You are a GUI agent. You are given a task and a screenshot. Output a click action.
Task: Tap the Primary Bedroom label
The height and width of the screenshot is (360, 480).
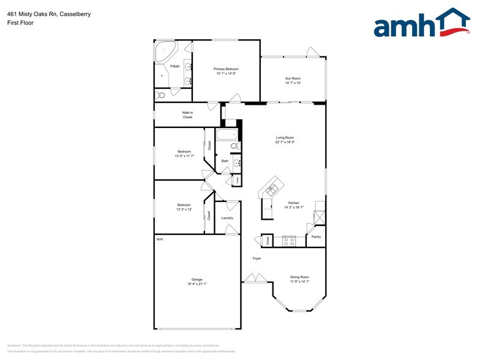point(226,69)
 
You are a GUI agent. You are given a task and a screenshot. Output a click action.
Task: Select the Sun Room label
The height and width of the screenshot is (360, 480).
point(293,78)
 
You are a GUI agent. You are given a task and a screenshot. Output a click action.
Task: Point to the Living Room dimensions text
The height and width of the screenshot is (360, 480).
point(285,143)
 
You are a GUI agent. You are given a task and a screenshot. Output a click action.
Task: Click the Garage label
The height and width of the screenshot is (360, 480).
point(197,279)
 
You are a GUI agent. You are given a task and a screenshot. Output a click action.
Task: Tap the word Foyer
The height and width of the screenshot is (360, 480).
point(257,258)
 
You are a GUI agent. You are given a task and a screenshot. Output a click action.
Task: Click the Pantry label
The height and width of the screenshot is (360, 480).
point(316,236)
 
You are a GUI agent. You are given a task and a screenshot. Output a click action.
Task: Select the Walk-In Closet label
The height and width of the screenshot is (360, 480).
point(187,114)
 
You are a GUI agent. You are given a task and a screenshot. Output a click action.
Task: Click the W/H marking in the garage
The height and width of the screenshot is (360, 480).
point(160,239)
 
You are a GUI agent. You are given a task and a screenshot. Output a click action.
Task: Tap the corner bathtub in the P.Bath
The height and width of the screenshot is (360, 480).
point(163,51)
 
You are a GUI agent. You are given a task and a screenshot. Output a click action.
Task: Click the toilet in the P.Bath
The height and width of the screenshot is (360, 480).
point(160,95)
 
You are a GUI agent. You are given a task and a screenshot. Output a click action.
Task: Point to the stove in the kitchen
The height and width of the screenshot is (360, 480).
point(288,241)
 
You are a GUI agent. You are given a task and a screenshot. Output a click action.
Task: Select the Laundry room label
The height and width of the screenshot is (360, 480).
point(227,218)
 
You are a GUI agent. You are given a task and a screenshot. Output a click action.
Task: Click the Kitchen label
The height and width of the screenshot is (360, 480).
point(294,203)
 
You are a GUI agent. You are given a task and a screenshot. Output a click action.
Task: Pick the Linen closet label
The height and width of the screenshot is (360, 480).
point(238,180)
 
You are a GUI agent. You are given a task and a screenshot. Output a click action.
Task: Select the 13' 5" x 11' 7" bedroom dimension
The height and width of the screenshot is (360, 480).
point(184,156)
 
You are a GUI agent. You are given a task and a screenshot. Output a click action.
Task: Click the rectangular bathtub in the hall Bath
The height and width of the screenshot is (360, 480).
point(225,136)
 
